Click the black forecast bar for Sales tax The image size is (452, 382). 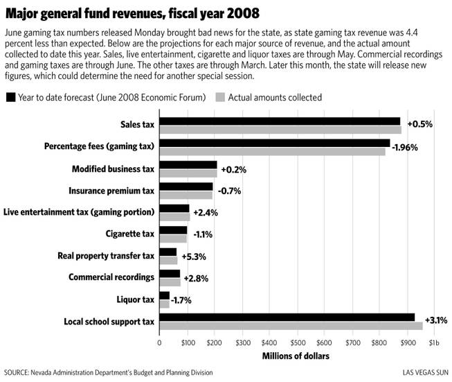click(x=280, y=121)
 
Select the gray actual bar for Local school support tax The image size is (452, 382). click(x=291, y=326)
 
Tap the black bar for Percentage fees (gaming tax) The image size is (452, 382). click(x=275, y=143)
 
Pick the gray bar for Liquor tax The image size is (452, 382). click(x=164, y=304)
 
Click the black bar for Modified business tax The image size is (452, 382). click(x=188, y=165)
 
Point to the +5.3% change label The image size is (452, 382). click(x=194, y=257)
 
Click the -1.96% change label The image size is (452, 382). click(x=405, y=148)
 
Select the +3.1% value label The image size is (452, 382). click(x=436, y=320)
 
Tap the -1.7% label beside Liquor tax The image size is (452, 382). click(x=181, y=300)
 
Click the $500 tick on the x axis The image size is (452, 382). click(x=298, y=342)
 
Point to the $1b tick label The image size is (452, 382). click(x=434, y=342)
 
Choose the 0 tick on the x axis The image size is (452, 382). click(x=159, y=342)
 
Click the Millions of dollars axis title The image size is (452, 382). click(x=296, y=356)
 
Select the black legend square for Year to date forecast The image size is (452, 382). click(x=10, y=97)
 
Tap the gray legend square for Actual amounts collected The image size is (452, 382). click(x=220, y=97)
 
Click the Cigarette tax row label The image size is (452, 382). click(x=130, y=234)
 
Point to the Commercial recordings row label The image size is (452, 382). click(x=111, y=277)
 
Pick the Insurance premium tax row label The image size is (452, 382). click(x=111, y=191)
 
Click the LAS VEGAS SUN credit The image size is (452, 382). click(x=426, y=372)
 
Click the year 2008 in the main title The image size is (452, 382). click(x=243, y=13)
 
